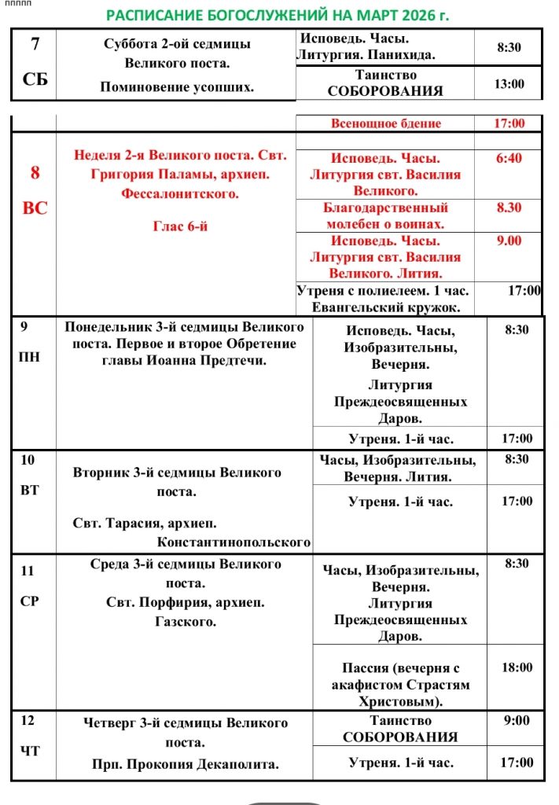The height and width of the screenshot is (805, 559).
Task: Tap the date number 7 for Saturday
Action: [x=35, y=44]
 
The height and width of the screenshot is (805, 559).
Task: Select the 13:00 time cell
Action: [x=509, y=83]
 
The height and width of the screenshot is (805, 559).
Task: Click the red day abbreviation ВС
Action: [x=35, y=208]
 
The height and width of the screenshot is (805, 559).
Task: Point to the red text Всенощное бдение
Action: [x=385, y=123]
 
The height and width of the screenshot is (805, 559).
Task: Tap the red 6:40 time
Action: [x=509, y=158]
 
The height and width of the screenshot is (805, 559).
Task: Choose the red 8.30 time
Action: [x=509, y=208]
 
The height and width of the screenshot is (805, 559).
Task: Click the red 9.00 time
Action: [x=509, y=241]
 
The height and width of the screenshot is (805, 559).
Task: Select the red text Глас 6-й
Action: [x=180, y=226]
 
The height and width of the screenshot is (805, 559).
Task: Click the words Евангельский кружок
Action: [x=385, y=307]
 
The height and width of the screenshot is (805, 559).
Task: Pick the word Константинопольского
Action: [x=234, y=542]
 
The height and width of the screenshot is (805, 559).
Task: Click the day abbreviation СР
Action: [x=29, y=601]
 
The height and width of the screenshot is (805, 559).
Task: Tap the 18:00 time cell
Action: [x=517, y=667]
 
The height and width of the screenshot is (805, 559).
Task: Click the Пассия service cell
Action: [x=400, y=684]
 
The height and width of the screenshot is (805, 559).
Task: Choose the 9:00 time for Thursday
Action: [x=517, y=719]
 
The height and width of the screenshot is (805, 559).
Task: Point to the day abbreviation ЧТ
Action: [x=29, y=751]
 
